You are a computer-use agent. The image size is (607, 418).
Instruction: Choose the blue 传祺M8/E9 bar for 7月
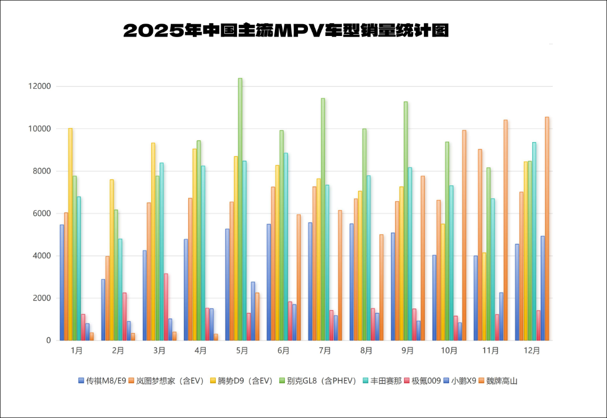click(310, 281)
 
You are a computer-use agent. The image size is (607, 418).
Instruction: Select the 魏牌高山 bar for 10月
click(464, 235)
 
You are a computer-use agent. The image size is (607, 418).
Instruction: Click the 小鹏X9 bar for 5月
click(253, 311)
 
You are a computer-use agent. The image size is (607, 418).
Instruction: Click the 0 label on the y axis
click(48, 340)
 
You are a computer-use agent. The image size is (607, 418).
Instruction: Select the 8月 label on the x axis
click(366, 351)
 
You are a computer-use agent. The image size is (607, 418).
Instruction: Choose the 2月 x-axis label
click(117, 351)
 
